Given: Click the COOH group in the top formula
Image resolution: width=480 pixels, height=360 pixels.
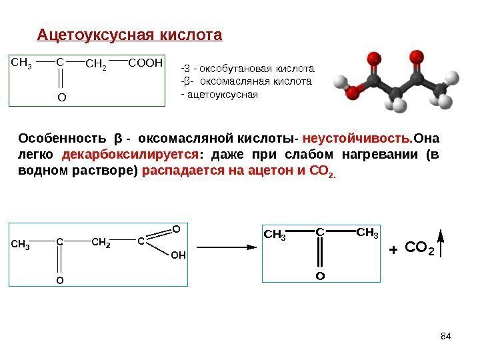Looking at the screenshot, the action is coord(145,63).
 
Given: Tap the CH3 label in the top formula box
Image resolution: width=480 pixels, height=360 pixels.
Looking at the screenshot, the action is coord(22,63).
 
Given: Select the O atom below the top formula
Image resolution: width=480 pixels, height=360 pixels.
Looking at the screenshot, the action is coord(61,97).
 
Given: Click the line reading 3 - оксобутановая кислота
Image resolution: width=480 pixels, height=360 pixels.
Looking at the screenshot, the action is coord(247,69).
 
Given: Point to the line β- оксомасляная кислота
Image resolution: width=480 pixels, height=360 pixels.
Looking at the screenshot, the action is coord(247,81).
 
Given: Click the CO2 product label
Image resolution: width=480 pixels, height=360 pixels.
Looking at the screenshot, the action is coord(419,249).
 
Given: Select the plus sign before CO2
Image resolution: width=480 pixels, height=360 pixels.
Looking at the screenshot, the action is coord(392,251).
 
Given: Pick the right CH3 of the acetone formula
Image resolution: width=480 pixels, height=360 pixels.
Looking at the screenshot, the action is coord(367,233).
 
